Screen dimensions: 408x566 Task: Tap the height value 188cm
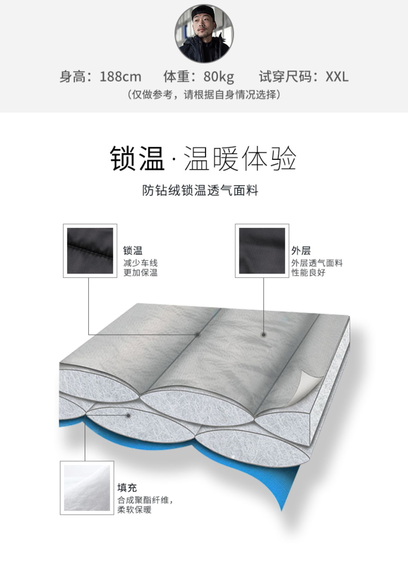point(120,77)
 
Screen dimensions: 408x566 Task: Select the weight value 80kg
point(219,77)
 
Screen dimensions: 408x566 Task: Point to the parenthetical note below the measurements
point(204,95)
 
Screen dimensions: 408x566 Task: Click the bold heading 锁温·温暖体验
point(203,159)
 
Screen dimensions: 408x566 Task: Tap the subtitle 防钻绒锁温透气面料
point(200,190)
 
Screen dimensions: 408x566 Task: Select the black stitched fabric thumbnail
point(90,251)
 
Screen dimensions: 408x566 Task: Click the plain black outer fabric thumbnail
point(262,251)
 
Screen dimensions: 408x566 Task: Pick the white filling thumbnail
point(87,487)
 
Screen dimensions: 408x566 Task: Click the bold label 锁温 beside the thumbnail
point(133,250)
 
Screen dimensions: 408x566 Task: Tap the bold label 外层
point(301,250)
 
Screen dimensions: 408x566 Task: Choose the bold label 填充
point(127,487)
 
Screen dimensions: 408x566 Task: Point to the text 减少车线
point(140,263)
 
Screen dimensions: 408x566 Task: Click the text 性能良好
point(308,272)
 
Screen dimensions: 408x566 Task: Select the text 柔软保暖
point(134,509)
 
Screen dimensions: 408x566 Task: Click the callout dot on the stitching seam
point(198,335)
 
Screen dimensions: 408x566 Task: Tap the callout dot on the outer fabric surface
point(263,335)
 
